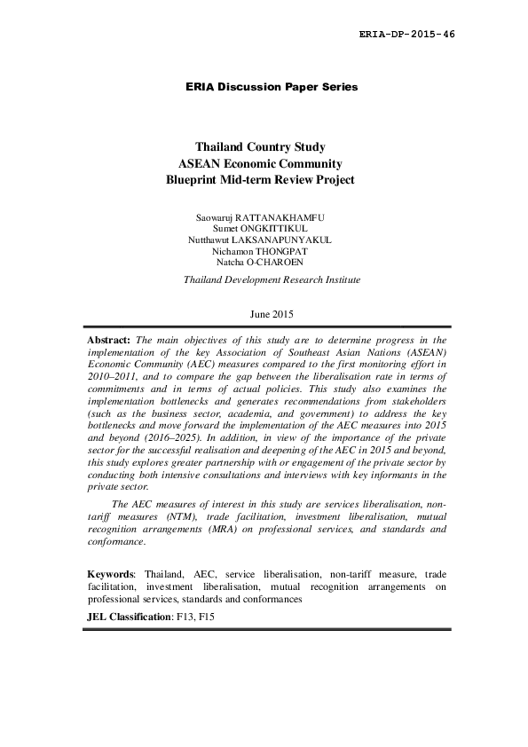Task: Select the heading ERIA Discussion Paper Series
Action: (x=272, y=87)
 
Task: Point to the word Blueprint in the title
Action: (x=193, y=179)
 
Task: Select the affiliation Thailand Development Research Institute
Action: (x=272, y=279)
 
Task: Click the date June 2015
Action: (x=272, y=314)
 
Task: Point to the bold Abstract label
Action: (x=109, y=340)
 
